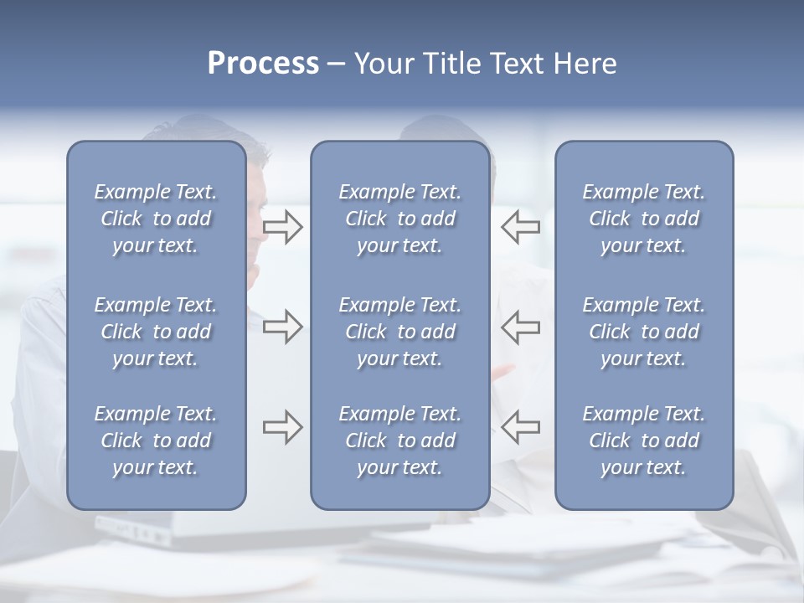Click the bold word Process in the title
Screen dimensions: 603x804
pos(263,64)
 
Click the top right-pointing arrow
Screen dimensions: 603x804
pos(282,227)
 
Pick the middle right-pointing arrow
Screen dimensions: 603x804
pos(282,327)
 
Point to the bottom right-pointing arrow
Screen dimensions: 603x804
pos(282,427)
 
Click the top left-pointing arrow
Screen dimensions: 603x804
pos(520,227)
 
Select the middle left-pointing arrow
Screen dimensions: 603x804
pos(520,327)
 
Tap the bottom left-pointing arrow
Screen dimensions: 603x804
pos(520,427)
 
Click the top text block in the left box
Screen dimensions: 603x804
pos(156,219)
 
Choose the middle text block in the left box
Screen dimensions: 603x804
pos(156,332)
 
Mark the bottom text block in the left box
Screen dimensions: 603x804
pos(156,441)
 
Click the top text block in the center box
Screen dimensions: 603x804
pos(399,219)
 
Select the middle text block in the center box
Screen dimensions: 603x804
pos(399,332)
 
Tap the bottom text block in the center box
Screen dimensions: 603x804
pos(399,441)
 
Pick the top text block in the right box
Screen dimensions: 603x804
pos(643,219)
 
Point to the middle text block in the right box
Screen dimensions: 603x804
pos(643,332)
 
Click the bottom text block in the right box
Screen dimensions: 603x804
pos(643,441)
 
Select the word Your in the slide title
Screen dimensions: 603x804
pos(382,64)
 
